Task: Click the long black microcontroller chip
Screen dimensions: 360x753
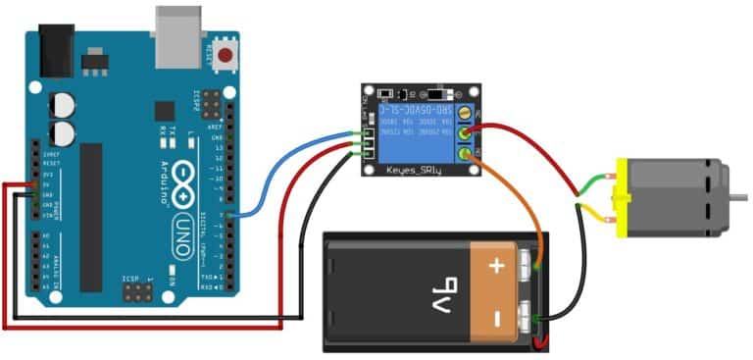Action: [91, 216]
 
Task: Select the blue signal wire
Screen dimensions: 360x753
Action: [294, 167]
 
